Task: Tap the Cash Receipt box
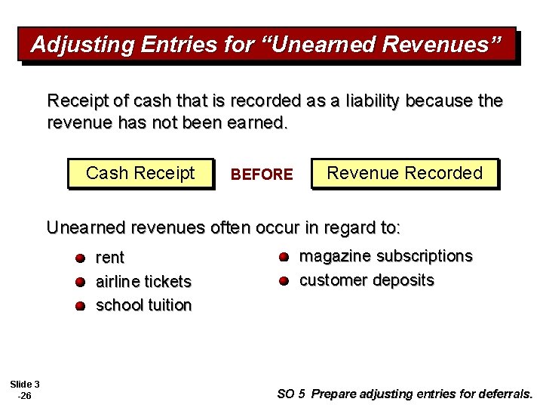click(140, 173)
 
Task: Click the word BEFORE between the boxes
click(262, 175)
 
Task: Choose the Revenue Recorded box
click(404, 173)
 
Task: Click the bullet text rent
click(110, 258)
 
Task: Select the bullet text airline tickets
click(143, 281)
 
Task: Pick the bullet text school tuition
click(143, 305)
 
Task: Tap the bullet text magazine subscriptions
click(385, 256)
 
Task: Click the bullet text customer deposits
click(367, 280)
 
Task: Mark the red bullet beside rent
click(80, 258)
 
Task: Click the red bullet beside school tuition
click(80, 306)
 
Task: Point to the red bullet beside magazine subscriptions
click(283, 257)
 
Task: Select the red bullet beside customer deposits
click(283, 281)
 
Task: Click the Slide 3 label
click(25, 384)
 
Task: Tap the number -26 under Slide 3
click(24, 395)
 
